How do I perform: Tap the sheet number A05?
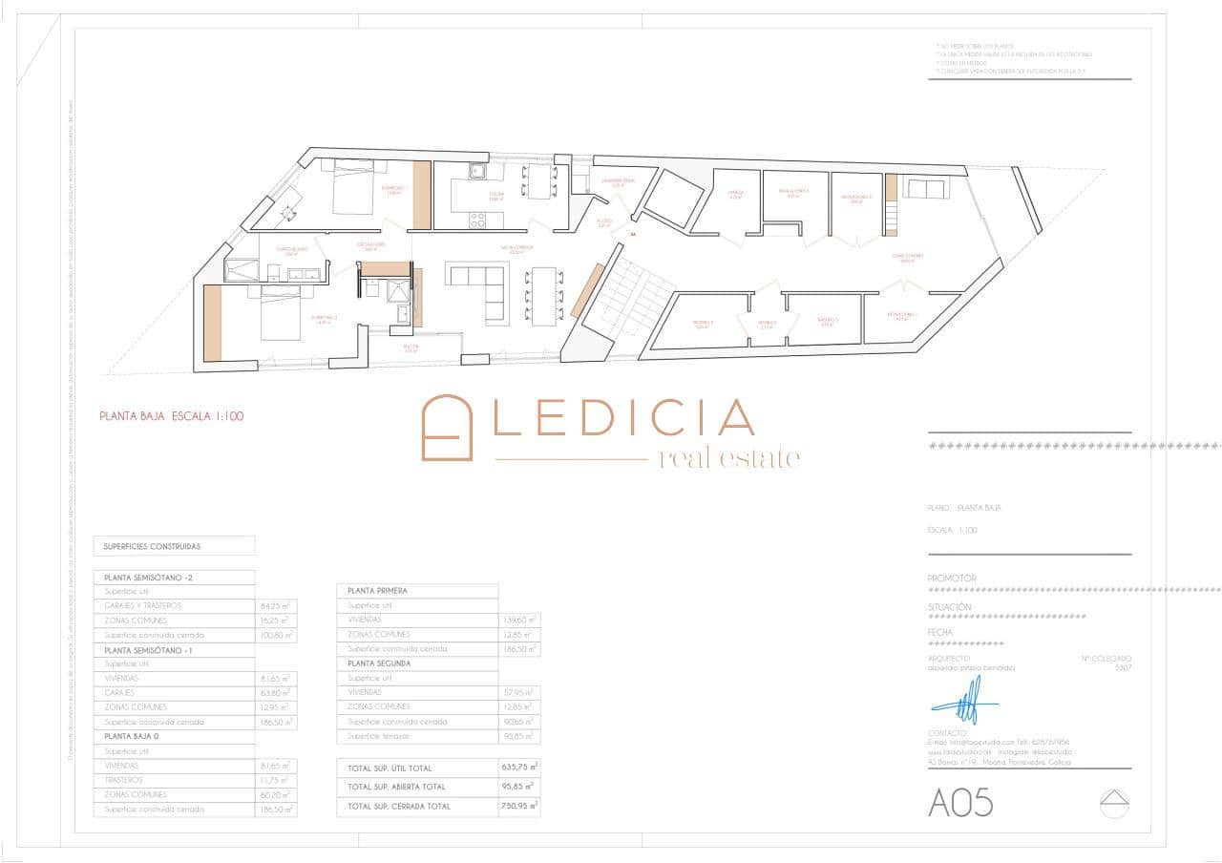[960, 803]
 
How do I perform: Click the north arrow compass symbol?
[1114, 802]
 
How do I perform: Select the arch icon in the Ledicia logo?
[448, 428]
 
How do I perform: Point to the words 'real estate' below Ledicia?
[729, 458]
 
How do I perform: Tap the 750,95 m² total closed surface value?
[519, 807]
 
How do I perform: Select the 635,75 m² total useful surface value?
[519, 768]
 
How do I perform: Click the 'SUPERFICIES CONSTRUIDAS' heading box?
[174, 546]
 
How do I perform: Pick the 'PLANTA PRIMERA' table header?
[378, 591]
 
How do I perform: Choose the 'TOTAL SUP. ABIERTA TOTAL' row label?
[396, 788]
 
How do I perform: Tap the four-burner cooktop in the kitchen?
[477, 219]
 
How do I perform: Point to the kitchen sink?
[476, 172]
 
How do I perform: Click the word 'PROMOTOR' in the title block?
[952, 579]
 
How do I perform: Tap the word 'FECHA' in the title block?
[940, 632]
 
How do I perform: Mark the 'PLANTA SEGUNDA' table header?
[380, 663]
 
